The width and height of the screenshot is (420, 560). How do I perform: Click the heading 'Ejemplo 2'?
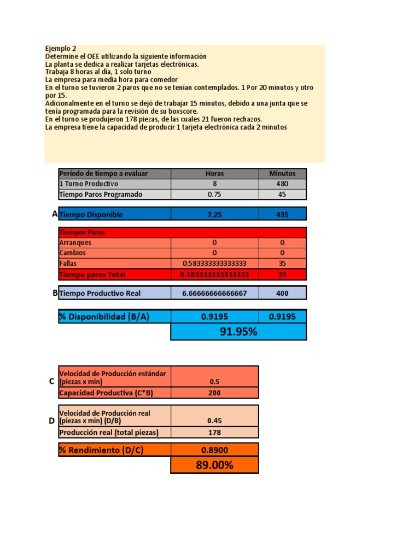(x=61, y=49)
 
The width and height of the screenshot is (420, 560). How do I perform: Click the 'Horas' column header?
(x=214, y=173)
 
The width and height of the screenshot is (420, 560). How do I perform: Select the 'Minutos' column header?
(x=282, y=173)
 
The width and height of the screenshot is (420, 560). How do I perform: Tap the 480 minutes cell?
(x=282, y=184)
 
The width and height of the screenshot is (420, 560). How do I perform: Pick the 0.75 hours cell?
(x=214, y=194)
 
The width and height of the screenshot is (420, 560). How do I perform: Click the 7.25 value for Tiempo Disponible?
(x=214, y=214)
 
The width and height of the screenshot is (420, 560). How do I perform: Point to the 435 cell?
(x=282, y=214)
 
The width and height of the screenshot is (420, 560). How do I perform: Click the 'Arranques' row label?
(x=75, y=242)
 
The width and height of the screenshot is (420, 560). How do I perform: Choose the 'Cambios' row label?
(x=73, y=253)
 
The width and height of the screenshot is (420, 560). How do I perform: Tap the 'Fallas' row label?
(x=69, y=263)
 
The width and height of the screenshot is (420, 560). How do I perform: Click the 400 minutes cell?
(x=282, y=293)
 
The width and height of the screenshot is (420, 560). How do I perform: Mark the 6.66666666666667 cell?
(x=214, y=293)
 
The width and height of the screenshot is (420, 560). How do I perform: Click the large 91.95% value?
(x=238, y=331)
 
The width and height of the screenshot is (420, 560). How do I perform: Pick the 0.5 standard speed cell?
(x=214, y=382)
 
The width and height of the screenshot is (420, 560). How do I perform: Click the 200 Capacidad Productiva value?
(x=214, y=393)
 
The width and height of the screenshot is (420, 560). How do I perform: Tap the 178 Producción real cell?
(x=214, y=432)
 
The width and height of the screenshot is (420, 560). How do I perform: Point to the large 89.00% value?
(x=214, y=465)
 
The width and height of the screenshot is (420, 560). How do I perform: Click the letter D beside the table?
(x=51, y=421)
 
